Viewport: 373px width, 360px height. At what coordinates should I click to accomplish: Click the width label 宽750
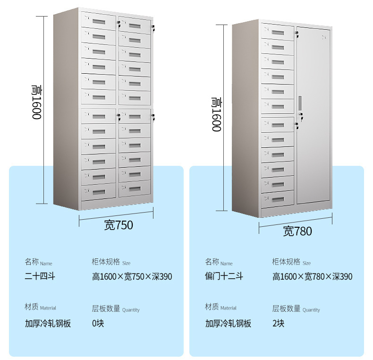119,225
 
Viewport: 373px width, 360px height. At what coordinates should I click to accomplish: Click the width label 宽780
297,231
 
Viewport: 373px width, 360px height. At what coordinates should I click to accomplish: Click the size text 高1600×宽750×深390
132,277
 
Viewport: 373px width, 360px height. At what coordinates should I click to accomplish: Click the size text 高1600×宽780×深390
312,277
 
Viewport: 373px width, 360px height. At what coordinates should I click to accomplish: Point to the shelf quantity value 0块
98,324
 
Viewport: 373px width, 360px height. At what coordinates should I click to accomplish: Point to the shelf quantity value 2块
279,324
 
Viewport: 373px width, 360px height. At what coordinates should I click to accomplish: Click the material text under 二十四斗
48,324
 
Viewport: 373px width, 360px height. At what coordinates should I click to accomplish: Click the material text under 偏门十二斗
229,324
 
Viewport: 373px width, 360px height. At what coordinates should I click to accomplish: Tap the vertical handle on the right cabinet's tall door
300,103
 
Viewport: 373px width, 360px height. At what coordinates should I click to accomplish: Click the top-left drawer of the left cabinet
99,21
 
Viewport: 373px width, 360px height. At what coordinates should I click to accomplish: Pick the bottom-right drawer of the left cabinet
135,189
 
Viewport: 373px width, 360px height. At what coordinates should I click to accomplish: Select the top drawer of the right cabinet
278,32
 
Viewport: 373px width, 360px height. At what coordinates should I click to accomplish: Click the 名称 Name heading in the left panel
39,262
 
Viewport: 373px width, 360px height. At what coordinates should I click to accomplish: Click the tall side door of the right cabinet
314,118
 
